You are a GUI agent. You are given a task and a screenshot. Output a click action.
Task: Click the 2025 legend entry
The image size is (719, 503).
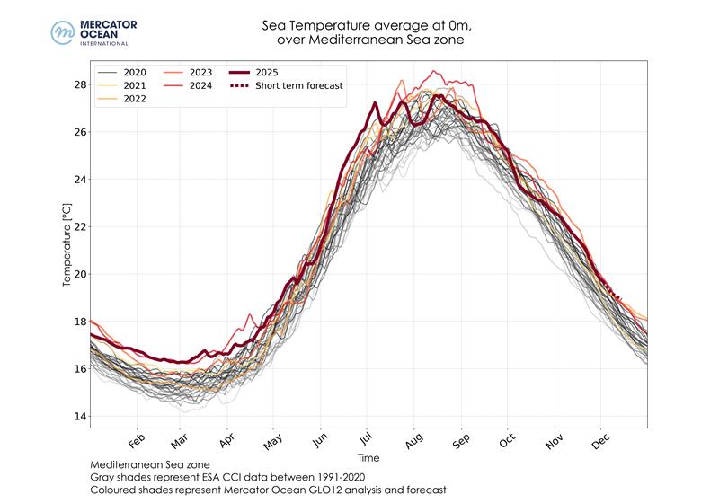point(269,72)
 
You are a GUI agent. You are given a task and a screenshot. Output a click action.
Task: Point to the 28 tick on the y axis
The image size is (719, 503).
point(79,84)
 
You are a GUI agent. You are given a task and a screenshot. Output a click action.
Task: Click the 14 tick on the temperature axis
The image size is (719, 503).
point(79,416)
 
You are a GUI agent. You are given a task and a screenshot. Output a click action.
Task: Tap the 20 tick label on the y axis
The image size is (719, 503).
point(79,274)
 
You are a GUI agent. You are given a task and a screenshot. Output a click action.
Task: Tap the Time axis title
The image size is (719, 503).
point(368,457)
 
